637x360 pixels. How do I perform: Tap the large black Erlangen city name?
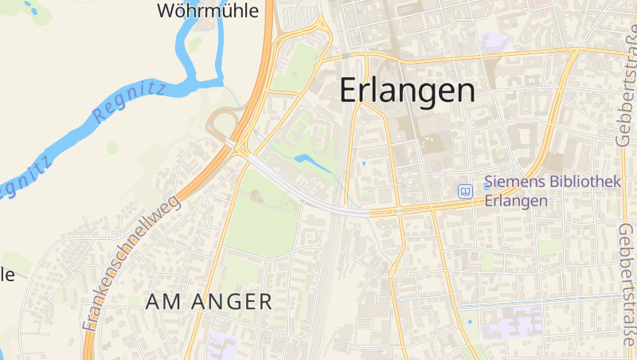pos(408,90)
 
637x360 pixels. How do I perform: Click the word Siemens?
pos(513,183)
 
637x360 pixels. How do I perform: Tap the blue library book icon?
pos(464,191)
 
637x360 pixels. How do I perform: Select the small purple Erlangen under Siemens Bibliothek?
pos(516,201)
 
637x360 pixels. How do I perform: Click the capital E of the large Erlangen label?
pos(350,90)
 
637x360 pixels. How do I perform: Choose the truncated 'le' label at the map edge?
pos(7,275)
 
